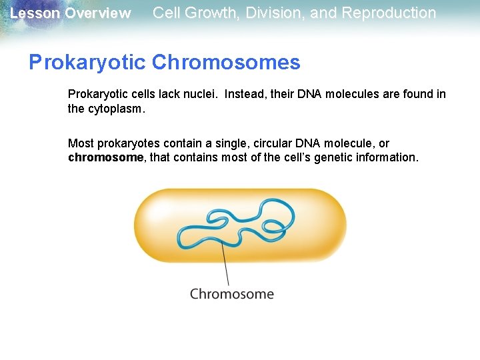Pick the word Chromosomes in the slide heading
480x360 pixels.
[x=226, y=63]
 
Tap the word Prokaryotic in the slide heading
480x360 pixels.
[x=87, y=63]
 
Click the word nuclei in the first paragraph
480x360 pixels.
[x=203, y=94]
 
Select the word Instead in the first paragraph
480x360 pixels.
[x=243, y=94]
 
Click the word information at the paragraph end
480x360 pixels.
[x=385, y=157]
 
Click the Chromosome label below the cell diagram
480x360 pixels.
[x=231, y=294]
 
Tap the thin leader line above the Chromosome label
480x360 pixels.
[x=226, y=267]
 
